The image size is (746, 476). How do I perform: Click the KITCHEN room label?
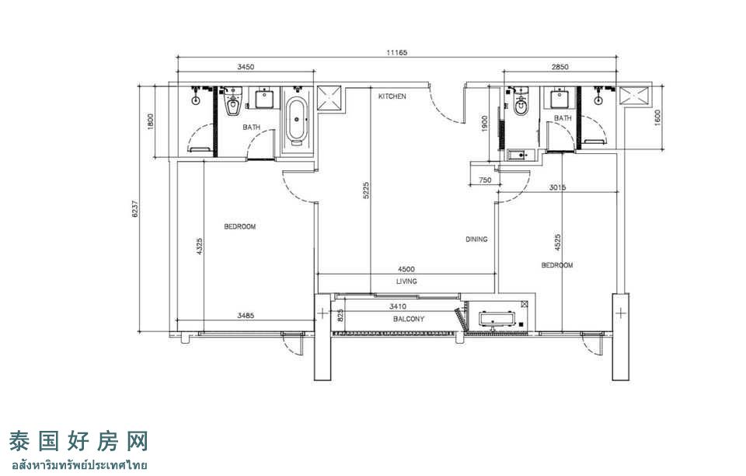[392, 96]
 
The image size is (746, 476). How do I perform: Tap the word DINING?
[476, 240]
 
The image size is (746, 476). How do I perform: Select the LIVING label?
[406, 282]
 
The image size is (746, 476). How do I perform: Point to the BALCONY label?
[409, 319]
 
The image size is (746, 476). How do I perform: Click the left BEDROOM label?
[240, 226]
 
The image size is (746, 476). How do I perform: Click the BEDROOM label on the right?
[557, 265]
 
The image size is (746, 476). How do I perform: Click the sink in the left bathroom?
[264, 99]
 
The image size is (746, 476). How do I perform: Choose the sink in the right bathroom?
[560, 99]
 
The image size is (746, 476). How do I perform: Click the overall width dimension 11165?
[396, 53]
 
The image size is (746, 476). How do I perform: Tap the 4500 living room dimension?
[406, 269]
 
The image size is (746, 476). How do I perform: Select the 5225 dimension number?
[366, 190]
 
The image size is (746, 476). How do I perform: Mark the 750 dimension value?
[485, 180]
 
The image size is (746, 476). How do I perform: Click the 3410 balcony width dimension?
[398, 306]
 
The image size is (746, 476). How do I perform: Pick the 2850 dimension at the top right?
[560, 67]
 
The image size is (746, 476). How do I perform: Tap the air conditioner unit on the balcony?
[497, 318]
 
